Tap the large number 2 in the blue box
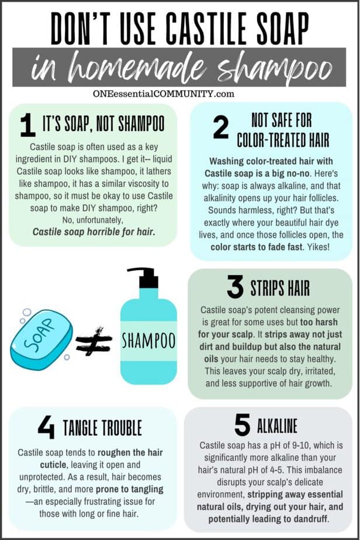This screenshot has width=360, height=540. click(221, 128)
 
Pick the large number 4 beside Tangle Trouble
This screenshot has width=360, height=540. click(46, 427)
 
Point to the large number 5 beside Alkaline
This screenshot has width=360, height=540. click(242, 425)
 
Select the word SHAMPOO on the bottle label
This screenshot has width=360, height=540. click(148, 340)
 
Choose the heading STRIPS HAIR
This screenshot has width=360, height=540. click(280, 288)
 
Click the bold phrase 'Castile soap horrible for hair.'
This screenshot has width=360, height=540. click(94, 231)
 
